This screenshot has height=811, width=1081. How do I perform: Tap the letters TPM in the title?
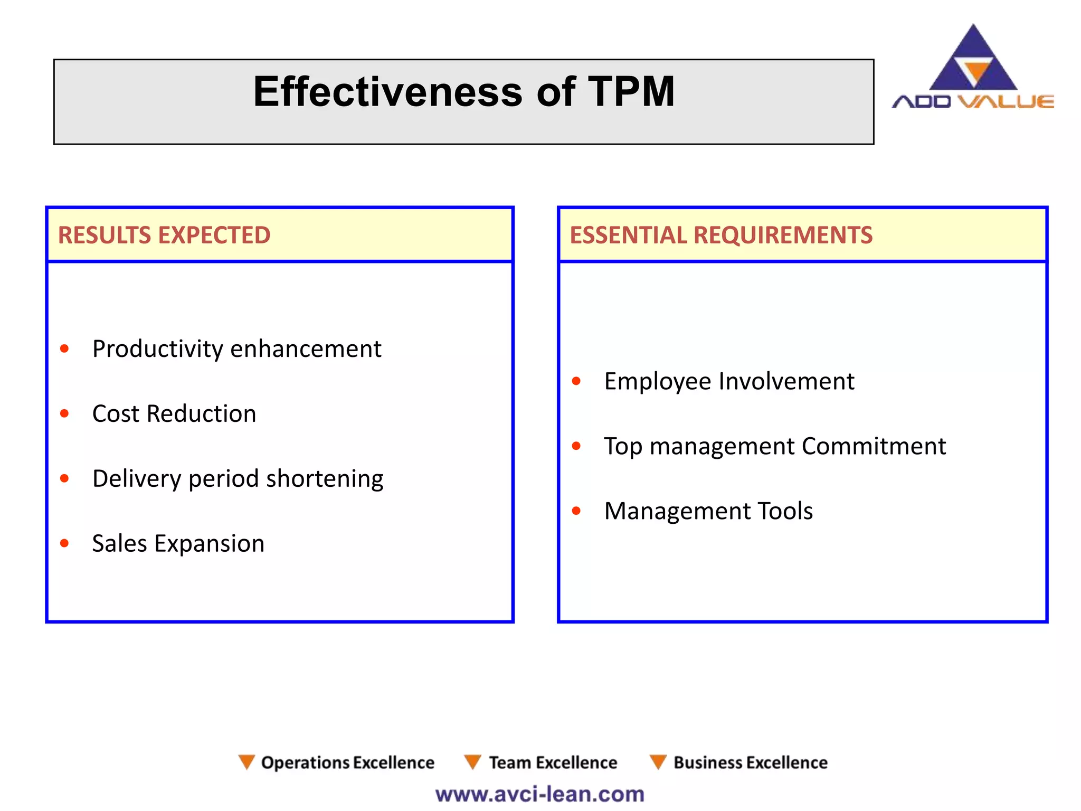tap(631, 92)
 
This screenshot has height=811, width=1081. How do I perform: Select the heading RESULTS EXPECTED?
tap(164, 235)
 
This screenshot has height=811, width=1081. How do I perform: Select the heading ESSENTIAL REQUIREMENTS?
tap(721, 235)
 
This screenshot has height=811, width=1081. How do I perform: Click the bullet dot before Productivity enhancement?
tap(64, 348)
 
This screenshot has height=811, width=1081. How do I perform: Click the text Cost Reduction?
tap(174, 413)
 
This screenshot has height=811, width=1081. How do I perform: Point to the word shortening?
tap(325, 479)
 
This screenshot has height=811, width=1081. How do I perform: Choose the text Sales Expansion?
tap(178, 543)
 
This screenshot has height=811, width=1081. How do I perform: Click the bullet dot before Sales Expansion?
tap(64, 543)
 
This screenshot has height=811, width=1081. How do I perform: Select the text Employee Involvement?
tap(729, 381)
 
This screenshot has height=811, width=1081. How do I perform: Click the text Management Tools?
tap(708, 511)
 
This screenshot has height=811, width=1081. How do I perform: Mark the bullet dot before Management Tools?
tap(576, 511)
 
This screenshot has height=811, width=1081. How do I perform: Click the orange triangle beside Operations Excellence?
tap(246, 761)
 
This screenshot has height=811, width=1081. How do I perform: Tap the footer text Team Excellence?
tap(553, 762)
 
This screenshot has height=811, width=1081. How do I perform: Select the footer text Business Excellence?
tap(750, 762)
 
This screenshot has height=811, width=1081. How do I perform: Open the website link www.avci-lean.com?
tap(540, 794)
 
